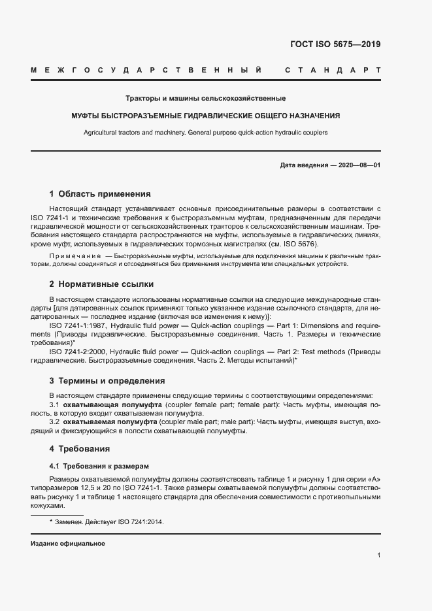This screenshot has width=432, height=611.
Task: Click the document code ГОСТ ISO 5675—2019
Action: tap(335, 45)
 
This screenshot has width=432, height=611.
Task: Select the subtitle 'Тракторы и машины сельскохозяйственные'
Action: tap(215, 99)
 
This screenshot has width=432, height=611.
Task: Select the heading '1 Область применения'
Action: tap(100, 194)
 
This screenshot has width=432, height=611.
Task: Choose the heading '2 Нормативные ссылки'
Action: tap(101, 284)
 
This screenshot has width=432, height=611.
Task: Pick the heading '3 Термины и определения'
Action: tap(107, 380)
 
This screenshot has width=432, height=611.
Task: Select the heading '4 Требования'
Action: tap(79, 449)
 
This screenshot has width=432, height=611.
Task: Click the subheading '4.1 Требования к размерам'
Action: tap(99, 466)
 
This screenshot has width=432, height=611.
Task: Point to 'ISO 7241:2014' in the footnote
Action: tap(141, 522)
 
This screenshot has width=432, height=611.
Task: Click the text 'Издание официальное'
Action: tap(68, 544)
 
